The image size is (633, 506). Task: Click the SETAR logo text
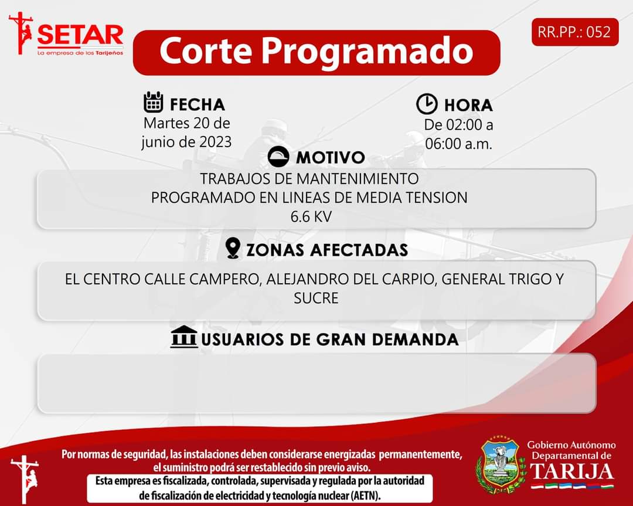click(80, 36)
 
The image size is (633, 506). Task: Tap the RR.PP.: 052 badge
click(575, 32)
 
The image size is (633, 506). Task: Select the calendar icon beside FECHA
click(154, 102)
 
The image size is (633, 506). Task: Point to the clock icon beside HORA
click(427, 104)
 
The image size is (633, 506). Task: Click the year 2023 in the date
click(215, 142)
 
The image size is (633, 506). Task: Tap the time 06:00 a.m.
click(458, 144)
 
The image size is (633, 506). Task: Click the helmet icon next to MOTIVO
click(278, 157)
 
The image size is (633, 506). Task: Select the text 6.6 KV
click(311, 217)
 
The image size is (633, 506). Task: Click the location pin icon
click(233, 248)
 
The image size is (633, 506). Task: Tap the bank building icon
click(183, 337)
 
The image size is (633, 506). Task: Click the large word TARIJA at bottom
click(572, 471)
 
